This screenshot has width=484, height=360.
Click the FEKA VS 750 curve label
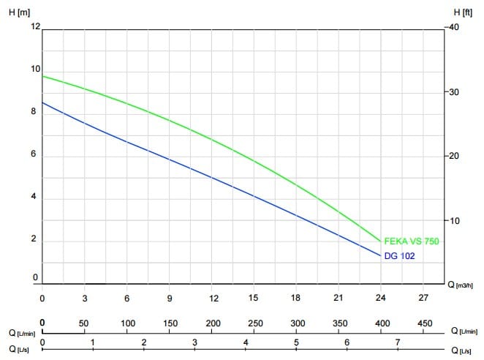pyautogui.click(x=412, y=241)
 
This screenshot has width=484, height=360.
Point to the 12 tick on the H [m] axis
pyautogui.click(x=34, y=26)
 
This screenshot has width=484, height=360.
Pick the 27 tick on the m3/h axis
pyautogui.click(x=423, y=299)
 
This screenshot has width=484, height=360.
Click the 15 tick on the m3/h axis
pyautogui.click(x=254, y=299)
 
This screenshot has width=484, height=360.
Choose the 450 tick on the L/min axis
pyautogui.click(x=424, y=323)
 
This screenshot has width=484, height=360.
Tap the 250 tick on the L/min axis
pyautogui.click(x=255, y=323)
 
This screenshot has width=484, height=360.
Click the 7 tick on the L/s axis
pyautogui.click(x=398, y=342)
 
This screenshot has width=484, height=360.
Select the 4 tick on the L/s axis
pyautogui.click(x=246, y=342)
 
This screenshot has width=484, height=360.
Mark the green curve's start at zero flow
pyautogui.click(x=42, y=76)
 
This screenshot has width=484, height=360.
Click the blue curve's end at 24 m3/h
pyautogui.click(x=381, y=255)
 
